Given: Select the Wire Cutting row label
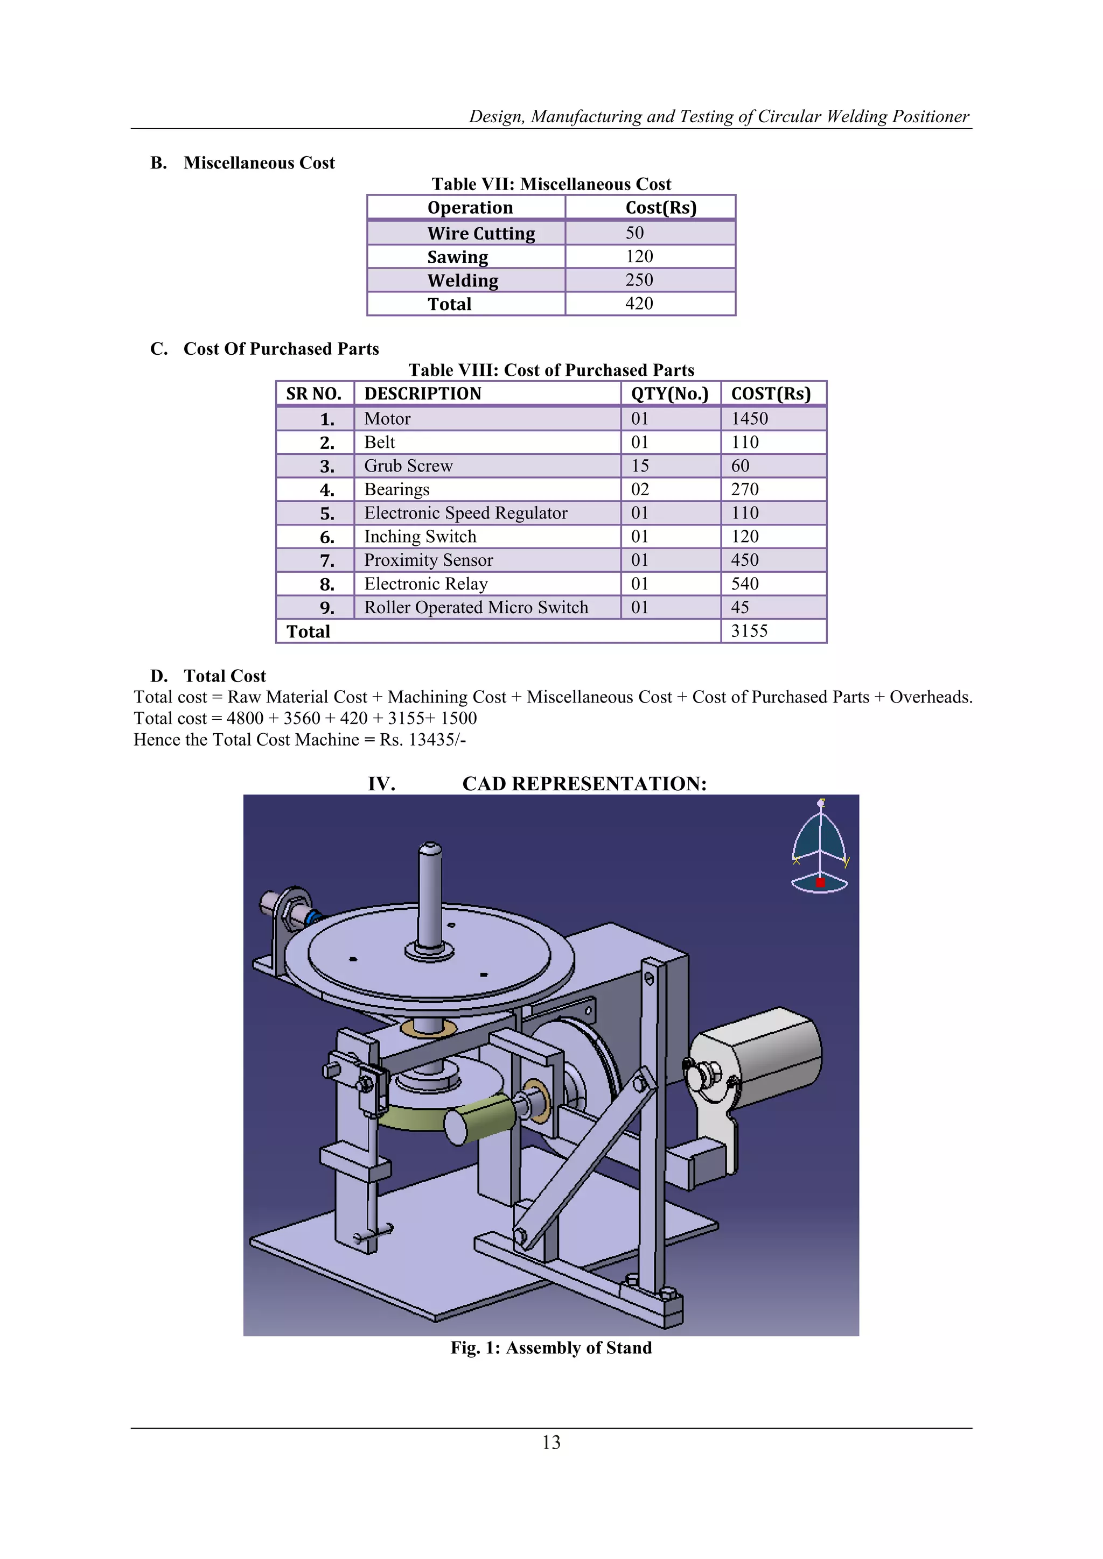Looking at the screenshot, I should click(x=481, y=233).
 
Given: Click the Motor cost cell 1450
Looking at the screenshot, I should click(x=749, y=418).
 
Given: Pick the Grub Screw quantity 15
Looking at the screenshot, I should click(x=640, y=466).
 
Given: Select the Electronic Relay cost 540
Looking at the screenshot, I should click(x=744, y=584).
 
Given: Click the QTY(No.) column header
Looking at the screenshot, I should click(x=669, y=394).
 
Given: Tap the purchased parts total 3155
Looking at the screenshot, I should click(x=749, y=631).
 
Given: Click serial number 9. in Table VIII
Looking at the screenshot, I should click(x=327, y=608).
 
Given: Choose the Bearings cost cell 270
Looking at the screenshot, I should click(x=744, y=489).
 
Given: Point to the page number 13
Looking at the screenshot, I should click(x=551, y=1442).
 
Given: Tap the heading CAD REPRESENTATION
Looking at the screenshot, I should click(x=584, y=784).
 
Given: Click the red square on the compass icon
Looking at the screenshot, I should click(x=820, y=883).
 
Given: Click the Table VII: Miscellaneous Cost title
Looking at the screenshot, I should click(x=551, y=184).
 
